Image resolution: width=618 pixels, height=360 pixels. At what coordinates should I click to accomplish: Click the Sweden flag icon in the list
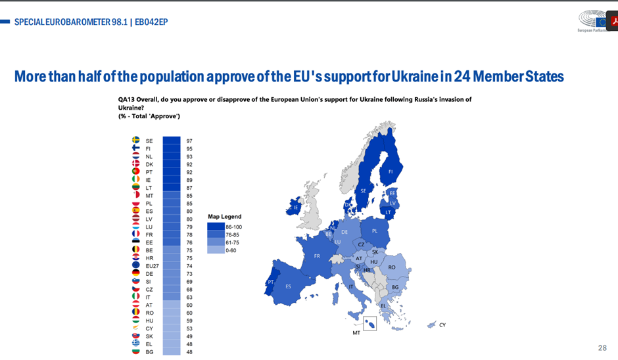point(136,141)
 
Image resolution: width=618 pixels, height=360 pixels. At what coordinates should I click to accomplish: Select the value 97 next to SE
point(189,141)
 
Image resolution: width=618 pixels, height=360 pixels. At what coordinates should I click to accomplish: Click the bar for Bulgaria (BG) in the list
point(171,351)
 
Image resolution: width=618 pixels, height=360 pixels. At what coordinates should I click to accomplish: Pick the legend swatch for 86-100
point(215,227)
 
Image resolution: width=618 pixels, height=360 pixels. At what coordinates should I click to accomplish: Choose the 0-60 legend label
point(231,250)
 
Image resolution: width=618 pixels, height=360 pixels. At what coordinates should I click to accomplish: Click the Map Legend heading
point(224,216)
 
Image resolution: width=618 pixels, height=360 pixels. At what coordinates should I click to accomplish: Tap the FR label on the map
point(317,256)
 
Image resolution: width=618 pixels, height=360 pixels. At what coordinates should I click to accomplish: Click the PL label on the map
point(375,231)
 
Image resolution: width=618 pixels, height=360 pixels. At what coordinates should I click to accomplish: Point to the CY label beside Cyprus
point(442,325)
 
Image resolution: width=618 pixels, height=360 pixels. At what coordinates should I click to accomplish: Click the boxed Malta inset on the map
point(369,323)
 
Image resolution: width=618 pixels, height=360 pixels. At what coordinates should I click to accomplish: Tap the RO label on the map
point(392,267)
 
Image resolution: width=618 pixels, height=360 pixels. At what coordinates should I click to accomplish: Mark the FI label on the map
point(391,172)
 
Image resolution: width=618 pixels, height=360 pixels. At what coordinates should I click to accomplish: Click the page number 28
point(602,348)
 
